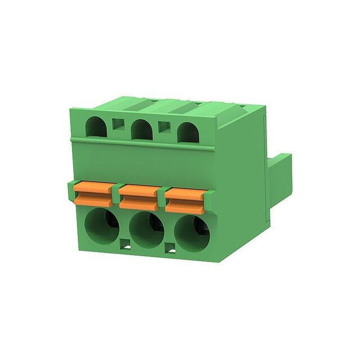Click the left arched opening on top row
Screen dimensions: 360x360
coord(96,127)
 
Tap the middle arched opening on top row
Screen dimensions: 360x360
coord(142,130)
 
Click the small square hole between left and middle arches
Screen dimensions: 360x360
coord(118,124)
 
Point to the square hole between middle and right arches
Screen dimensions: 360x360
coord(164,128)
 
